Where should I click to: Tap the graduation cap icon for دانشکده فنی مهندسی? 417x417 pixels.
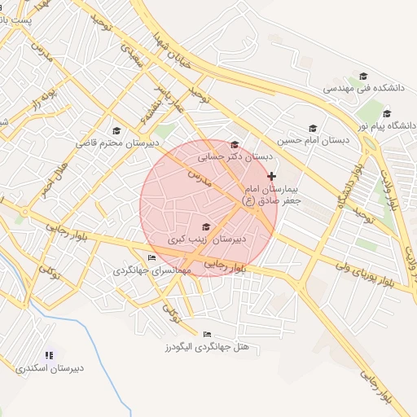[x=362, y=76]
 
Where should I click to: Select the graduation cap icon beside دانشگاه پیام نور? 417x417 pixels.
[x=388, y=113]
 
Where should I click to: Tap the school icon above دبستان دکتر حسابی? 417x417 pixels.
[x=235, y=144]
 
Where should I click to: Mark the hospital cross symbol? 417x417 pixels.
[x=271, y=176]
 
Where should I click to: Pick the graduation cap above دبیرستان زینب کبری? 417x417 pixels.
[x=205, y=227]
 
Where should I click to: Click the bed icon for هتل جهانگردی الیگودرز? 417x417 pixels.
[x=207, y=334]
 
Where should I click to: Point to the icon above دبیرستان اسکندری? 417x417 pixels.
[x=49, y=355]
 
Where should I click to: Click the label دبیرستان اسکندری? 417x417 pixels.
[x=49, y=368]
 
